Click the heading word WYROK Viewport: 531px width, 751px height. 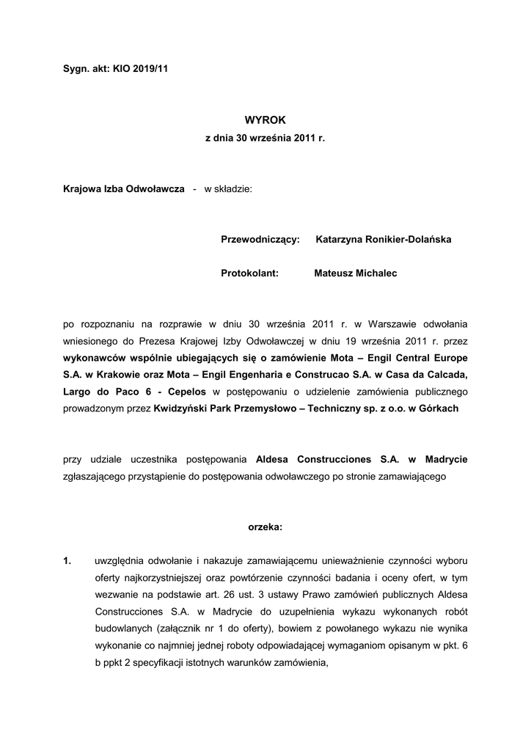point(265,119)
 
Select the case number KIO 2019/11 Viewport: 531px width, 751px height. point(142,67)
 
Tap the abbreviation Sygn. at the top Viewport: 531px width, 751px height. point(77,67)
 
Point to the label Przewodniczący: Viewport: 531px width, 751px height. point(260,240)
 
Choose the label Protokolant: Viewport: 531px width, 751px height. point(249,273)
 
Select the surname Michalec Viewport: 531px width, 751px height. point(373,273)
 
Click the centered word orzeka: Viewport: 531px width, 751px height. point(265,527)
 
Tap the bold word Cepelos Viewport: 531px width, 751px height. point(188,392)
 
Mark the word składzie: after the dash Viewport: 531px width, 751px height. point(228,188)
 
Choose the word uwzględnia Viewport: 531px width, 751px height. point(123,562)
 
